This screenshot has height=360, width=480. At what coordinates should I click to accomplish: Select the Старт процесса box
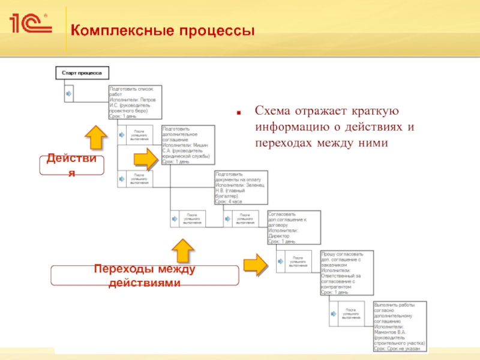[82, 73]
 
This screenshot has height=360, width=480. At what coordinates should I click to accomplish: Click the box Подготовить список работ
[135, 101]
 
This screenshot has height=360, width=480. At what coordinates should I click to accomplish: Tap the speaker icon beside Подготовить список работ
[68, 94]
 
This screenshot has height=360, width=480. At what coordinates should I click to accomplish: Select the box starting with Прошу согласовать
[347, 272]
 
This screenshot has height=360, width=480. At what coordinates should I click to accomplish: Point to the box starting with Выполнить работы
[400, 325]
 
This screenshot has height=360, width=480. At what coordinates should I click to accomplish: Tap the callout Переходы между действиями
[145, 275]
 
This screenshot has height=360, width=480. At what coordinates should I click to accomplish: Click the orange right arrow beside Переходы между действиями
[256, 264]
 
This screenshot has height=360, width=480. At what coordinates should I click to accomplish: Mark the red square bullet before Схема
[239, 112]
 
